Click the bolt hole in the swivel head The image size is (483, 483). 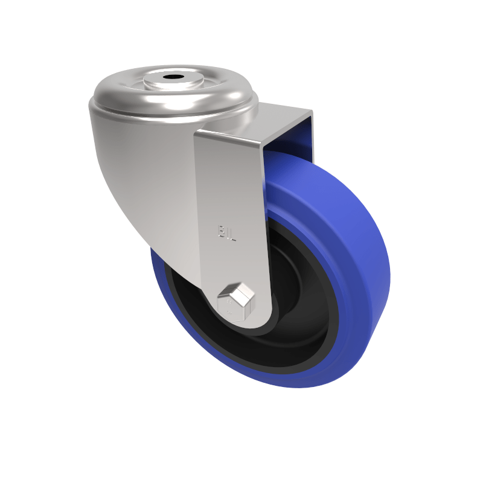[x=174, y=77]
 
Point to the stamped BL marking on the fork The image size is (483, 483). [x=227, y=232]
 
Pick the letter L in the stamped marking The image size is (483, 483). [x=232, y=233]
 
